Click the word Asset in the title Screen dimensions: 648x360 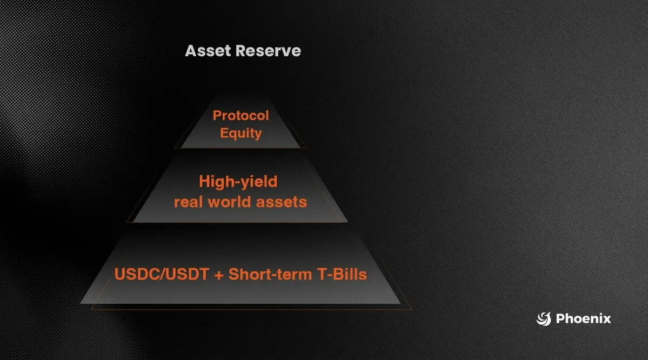pos(208,51)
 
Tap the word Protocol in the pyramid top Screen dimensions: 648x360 pos(241,115)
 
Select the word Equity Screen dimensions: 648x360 pos(241,134)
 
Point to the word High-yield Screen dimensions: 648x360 pos(238,182)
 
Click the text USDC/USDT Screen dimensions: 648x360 pos(162,275)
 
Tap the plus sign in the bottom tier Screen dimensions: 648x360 pos(219,275)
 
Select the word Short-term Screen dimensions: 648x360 pos(270,275)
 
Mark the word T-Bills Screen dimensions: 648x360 pos(342,275)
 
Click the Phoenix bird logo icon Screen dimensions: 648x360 pos(544,319)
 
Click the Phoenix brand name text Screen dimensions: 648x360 pos(584,319)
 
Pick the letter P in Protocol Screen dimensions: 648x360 pos(217,115)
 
